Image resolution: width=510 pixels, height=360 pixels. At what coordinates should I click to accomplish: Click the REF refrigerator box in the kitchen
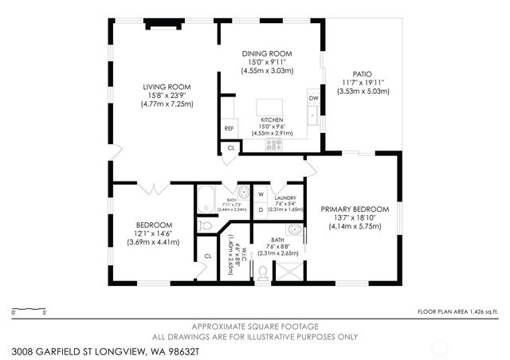point(229,127)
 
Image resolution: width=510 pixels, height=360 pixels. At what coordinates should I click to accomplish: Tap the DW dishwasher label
point(313,98)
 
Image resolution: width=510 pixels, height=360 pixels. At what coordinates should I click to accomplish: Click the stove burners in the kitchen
point(274,144)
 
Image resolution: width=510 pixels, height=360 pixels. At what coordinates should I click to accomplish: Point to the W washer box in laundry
point(261,194)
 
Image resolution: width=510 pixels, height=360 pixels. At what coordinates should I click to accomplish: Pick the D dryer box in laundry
point(261,210)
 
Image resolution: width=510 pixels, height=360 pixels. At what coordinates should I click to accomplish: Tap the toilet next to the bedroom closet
point(205,226)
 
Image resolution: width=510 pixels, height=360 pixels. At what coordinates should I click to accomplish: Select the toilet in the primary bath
point(262,273)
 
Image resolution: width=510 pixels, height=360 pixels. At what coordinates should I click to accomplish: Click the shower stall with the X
point(288,270)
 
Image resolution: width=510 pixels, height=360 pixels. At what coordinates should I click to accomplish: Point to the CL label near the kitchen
point(231,147)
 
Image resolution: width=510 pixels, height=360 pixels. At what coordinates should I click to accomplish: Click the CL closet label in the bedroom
point(207,256)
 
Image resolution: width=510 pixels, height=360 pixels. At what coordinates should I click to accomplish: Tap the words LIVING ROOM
point(167,87)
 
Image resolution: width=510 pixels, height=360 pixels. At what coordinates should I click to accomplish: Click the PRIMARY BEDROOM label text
point(355,209)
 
